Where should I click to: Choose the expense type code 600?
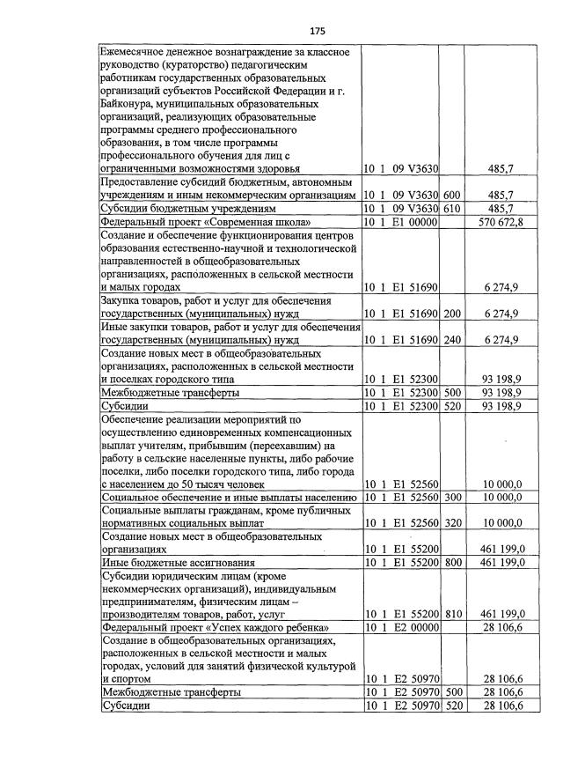pyautogui.click(x=452, y=194)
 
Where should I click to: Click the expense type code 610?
pyautogui.click(x=452, y=209)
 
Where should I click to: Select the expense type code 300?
pyautogui.click(x=452, y=498)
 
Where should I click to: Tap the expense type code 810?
pyautogui.click(x=452, y=613)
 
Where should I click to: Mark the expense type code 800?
pyautogui.click(x=452, y=562)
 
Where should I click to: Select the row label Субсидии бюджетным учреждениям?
pyautogui.click(x=172, y=209)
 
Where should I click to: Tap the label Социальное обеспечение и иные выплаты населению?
pyautogui.click(x=229, y=498)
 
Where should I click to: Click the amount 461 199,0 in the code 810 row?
pyautogui.click(x=499, y=613)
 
